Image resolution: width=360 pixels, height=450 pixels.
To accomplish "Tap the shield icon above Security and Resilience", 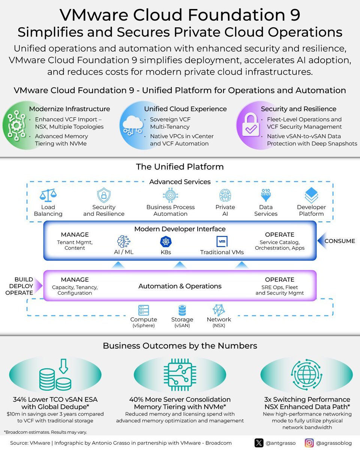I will coord(103,195).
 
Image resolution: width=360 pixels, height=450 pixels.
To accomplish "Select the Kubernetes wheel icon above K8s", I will coord(165,241).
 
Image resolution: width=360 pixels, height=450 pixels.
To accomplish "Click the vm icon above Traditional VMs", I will coord(222,241).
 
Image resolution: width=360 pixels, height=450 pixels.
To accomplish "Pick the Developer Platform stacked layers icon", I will coord(311,195).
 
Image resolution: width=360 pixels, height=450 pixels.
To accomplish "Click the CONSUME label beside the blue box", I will coord(340,241).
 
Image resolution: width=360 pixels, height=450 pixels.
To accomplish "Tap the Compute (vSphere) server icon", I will coord(144,310).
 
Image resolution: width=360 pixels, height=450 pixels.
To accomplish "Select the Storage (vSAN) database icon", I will coord(182,310).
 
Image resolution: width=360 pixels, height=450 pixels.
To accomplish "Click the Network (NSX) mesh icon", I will coord(219,310).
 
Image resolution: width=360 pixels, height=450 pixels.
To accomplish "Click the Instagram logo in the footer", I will coord(309,443).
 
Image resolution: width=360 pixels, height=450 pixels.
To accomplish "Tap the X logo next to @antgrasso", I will coord(259,443).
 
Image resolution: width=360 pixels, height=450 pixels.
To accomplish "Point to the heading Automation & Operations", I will coord(180,286).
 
